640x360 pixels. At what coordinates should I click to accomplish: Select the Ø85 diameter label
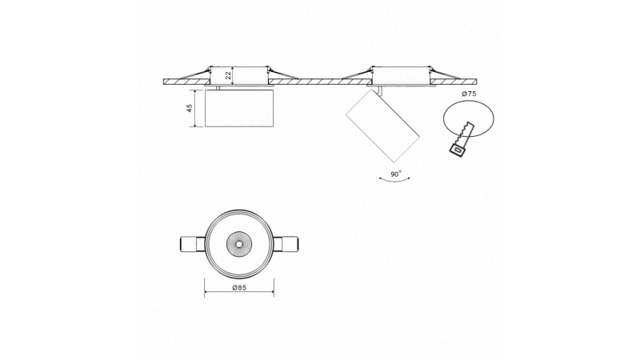pyautogui.click(x=239, y=287)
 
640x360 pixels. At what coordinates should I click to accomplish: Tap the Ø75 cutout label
pyautogui.click(x=470, y=94)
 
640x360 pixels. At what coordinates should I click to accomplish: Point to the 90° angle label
pyautogui.click(x=394, y=174)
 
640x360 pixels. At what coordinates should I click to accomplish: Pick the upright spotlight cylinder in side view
pyautogui.click(x=240, y=108)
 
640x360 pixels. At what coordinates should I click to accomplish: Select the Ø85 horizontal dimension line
pyautogui.click(x=239, y=294)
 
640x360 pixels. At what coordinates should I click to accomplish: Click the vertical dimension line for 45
pyautogui.click(x=198, y=108)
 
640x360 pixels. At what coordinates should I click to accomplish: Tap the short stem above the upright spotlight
pyautogui.click(x=218, y=87)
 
